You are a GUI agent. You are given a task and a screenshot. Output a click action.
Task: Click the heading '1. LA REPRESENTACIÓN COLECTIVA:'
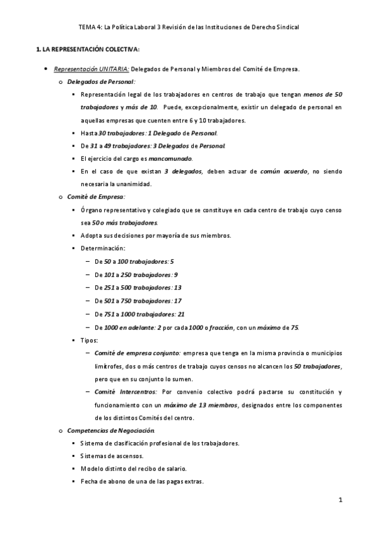click(x=88, y=49)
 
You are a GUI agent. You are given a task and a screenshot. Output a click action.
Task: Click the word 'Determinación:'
click(x=103, y=248)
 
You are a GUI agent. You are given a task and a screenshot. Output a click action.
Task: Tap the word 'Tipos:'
click(x=90, y=340)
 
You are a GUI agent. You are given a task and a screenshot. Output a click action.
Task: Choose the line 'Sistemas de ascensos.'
click(x=112, y=456)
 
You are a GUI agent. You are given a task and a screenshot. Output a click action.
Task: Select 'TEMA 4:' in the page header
click(x=90, y=28)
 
